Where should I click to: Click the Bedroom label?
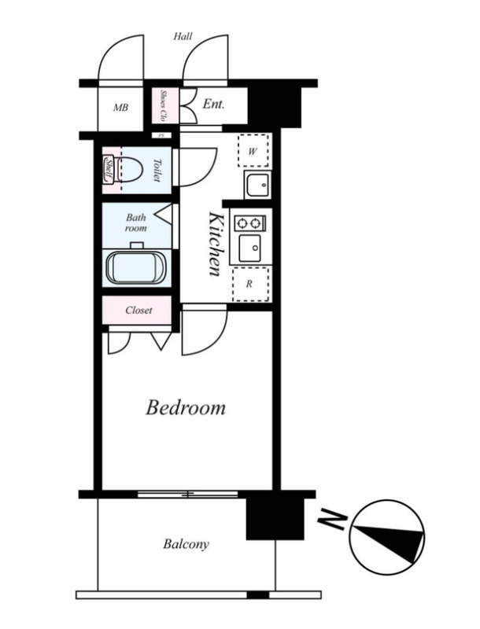[x=186, y=407]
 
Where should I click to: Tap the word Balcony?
[x=186, y=544]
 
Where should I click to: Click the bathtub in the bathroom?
[x=136, y=267]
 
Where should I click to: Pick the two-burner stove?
[x=249, y=223]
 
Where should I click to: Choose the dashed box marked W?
[x=253, y=151]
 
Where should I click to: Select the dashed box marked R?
[x=250, y=284]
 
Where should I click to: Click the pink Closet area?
[x=136, y=310]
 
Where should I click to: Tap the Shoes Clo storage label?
[x=164, y=105]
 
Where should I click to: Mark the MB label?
[x=120, y=108]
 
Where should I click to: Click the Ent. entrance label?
[x=213, y=105]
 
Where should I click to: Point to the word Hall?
[x=183, y=36]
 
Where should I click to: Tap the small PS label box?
[x=161, y=135]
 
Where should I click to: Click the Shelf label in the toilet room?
[x=109, y=171]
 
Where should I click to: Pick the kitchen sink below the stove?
[x=249, y=248]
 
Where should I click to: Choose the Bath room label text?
[x=135, y=223]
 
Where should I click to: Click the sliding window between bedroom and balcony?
[x=187, y=494]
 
